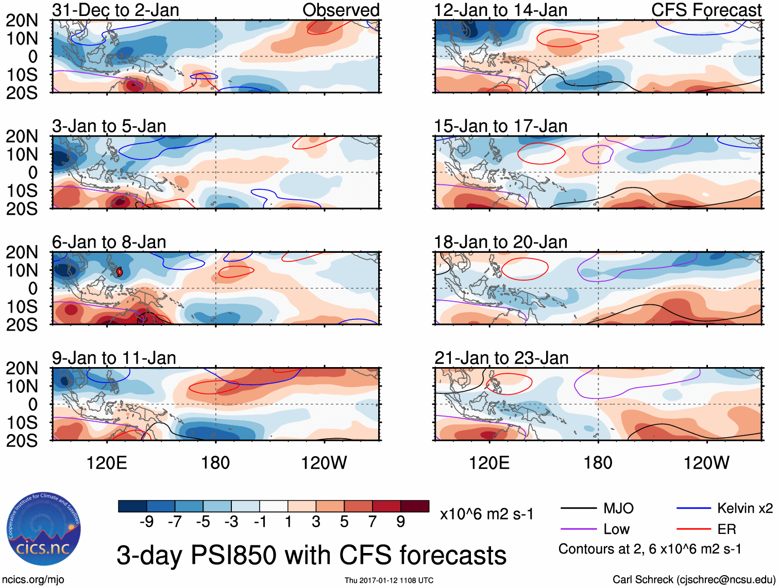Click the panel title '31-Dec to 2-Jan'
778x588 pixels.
click(x=115, y=10)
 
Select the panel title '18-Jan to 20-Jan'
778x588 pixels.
click(x=500, y=242)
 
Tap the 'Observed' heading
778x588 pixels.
click(x=341, y=10)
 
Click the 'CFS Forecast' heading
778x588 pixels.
click(x=706, y=10)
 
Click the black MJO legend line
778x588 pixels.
click(x=579, y=509)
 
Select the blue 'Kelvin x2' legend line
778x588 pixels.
click(x=694, y=509)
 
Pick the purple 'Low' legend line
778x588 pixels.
click(x=579, y=529)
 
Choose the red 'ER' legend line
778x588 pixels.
click(x=694, y=529)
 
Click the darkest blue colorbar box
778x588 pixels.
click(x=132, y=506)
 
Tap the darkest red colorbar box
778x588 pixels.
click(x=415, y=506)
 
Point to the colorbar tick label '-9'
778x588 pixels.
click(x=146, y=522)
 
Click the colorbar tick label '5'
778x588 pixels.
click(x=344, y=522)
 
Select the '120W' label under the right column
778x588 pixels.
click(x=706, y=463)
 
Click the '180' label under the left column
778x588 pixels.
click(x=215, y=463)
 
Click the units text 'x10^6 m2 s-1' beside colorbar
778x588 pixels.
click(x=486, y=514)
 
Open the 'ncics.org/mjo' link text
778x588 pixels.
click(x=33, y=580)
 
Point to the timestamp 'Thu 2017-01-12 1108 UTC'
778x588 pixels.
click(x=389, y=580)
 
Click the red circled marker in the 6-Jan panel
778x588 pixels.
click(x=120, y=271)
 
